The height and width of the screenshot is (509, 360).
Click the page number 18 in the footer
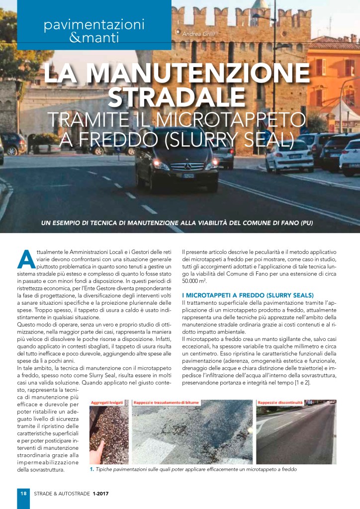[x=23, y=494]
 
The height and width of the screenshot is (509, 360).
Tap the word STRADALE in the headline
[x=177, y=96]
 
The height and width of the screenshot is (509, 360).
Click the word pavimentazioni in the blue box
[x=93, y=23]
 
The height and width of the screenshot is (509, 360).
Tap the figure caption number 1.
[x=92, y=469]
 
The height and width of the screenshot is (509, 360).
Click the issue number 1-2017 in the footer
[x=100, y=494]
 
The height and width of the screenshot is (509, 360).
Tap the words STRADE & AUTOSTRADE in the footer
[x=62, y=494]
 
